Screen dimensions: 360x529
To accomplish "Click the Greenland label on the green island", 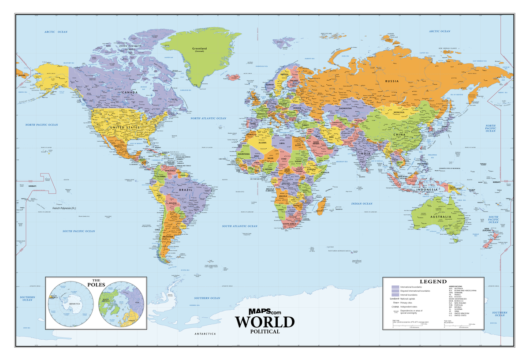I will (x=199, y=49).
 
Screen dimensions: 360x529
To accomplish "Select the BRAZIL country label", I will (x=185, y=190).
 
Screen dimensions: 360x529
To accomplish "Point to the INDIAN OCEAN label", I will (x=362, y=204).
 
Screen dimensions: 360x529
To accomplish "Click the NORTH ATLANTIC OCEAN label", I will (x=208, y=119).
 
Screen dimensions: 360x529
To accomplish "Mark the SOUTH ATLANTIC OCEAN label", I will (x=239, y=226).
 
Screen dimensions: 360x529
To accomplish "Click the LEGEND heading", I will (x=433, y=281).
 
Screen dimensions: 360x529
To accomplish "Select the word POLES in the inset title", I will (x=96, y=285).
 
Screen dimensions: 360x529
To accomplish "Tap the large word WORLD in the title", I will (x=264, y=322).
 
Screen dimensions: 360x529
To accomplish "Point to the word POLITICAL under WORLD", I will (x=264, y=331).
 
